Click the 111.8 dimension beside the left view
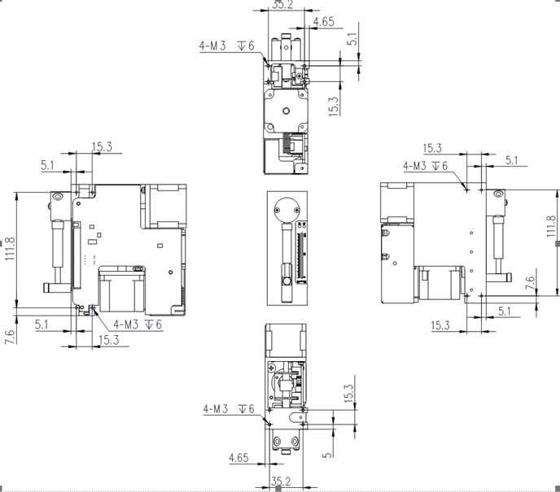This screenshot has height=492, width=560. (x=10, y=249)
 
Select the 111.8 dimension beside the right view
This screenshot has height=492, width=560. (x=551, y=226)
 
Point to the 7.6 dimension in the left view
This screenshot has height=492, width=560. (x=11, y=337)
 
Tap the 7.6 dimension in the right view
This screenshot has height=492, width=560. (x=531, y=283)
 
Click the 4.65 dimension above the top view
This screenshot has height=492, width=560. (x=324, y=22)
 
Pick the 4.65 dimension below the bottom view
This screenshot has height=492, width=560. (x=238, y=458)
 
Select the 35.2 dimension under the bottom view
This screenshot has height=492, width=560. (x=281, y=481)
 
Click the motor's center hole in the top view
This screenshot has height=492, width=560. (x=286, y=111)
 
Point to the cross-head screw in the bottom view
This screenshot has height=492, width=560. (x=273, y=367)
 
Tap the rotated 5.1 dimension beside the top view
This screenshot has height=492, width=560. (x=352, y=38)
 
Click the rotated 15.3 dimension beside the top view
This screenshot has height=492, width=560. (x=333, y=107)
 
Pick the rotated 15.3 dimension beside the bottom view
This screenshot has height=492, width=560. (x=348, y=394)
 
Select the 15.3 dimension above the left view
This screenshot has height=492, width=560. (x=102, y=146)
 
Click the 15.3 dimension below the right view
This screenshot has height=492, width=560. (x=440, y=325)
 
